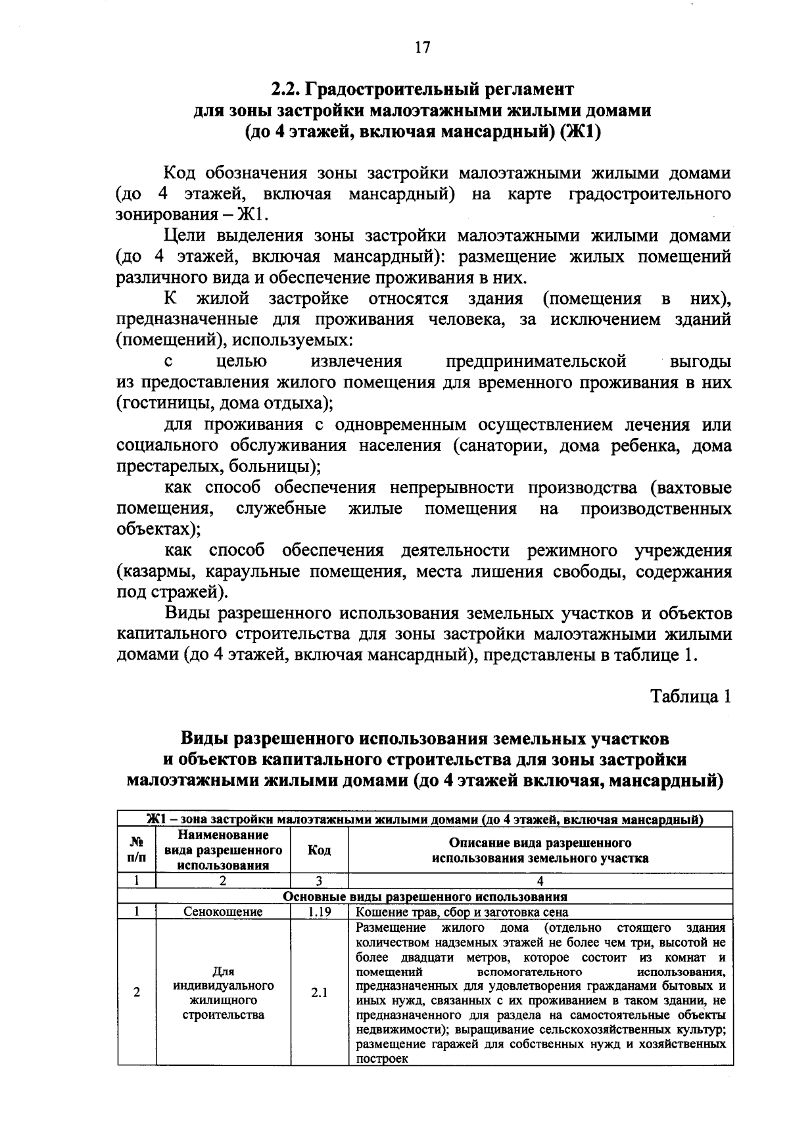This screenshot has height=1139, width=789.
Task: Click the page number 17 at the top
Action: [x=422, y=47]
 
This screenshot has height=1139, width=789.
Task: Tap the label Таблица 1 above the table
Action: [x=690, y=696]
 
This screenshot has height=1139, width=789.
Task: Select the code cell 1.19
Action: [x=319, y=912]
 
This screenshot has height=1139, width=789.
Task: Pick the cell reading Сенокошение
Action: [x=223, y=912]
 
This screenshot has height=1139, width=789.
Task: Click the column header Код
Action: [x=319, y=850]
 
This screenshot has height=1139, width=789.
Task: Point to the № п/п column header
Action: [x=136, y=850]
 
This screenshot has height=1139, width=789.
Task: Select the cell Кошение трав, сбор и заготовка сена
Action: [x=462, y=912]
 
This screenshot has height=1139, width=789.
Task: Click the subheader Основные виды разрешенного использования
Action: [x=425, y=896]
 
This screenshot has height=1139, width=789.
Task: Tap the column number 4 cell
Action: [x=540, y=881]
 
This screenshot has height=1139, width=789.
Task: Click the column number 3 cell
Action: [x=319, y=881]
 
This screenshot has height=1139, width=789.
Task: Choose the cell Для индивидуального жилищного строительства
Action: [x=223, y=992]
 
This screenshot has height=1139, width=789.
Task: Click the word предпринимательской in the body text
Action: [x=536, y=361]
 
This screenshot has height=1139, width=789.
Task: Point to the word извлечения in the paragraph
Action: [x=356, y=361]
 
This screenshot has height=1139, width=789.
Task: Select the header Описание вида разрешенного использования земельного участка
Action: [x=540, y=850]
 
